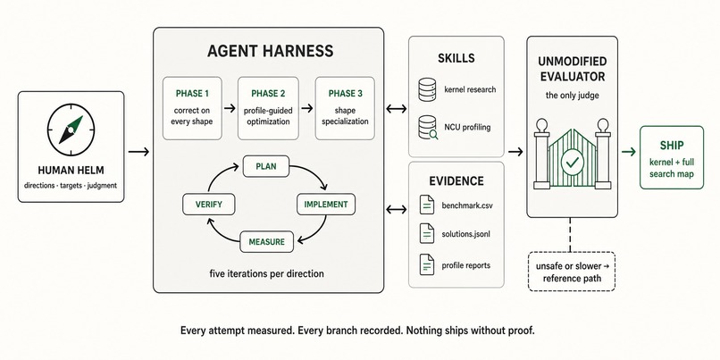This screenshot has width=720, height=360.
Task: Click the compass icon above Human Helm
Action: (x=71, y=130)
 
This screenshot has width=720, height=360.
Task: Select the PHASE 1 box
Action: (x=192, y=108)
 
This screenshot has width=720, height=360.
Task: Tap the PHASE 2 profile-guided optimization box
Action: (x=268, y=108)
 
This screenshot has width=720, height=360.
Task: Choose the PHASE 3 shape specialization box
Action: (x=345, y=108)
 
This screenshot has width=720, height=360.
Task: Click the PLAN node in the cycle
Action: (x=266, y=167)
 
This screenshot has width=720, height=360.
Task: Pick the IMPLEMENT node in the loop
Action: (x=326, y=205)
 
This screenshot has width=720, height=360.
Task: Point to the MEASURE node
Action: (x=267, y=241)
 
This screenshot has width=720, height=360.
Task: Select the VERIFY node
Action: (x=209, y=205)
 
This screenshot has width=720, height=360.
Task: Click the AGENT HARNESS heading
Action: (x=270, y=51)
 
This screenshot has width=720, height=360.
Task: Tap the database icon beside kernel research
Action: (x=427, y=89)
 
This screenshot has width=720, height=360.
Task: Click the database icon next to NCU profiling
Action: (x=428, y=127)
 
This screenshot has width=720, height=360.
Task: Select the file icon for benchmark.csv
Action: (x=427, y=205)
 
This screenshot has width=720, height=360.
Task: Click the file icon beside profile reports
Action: (x=427, y=264)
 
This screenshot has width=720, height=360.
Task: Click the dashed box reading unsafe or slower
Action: (x=572, y=272)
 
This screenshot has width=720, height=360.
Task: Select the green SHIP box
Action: (x=672, y=157)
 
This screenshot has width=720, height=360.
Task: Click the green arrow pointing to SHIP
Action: (x=629, y=152)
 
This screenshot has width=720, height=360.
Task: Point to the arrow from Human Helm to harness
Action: (x=138, y=152)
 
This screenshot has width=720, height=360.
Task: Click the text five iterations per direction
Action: (x=267, y=273)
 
